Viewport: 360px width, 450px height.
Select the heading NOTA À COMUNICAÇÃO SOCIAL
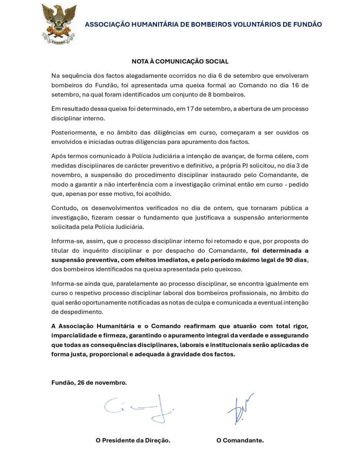point(180,62)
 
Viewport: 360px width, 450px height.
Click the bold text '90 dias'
point(296,260)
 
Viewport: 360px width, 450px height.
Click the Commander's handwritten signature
point(240,408)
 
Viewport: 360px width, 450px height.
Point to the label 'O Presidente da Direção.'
point(133,440)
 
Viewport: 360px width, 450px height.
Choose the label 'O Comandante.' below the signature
point(240,440)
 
